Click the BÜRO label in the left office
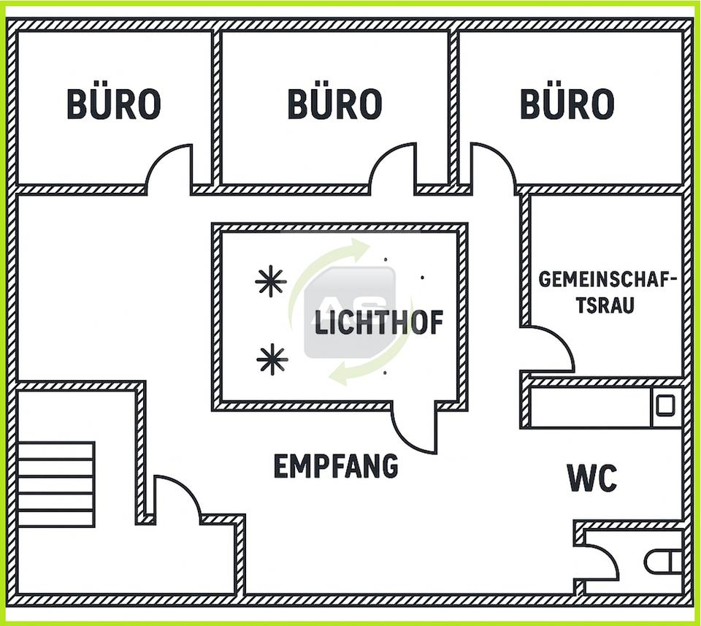point(114,104)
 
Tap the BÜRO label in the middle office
point(334,104)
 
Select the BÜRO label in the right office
point(567,104)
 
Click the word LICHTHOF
point(379,322)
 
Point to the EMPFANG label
point(336,465)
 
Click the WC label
point(592,478)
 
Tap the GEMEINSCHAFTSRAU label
point(608,291)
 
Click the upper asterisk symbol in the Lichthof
point(270,281)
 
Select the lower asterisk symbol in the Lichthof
point(272,359)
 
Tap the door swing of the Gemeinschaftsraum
point(549,349)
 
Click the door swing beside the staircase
point(175,500)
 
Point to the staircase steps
point(56,484)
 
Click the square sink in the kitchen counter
point(664,405)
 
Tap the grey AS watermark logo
point(350,313)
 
